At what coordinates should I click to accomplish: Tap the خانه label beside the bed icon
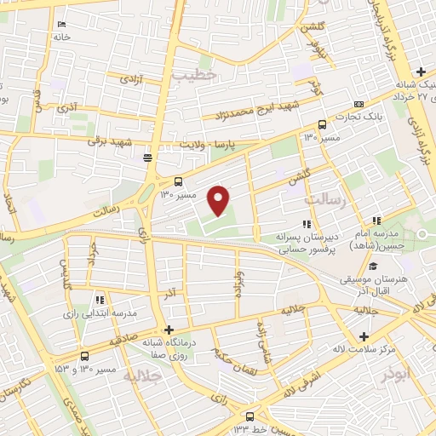[x=60, y=37]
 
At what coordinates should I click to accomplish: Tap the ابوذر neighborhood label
[x=397, y=373]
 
